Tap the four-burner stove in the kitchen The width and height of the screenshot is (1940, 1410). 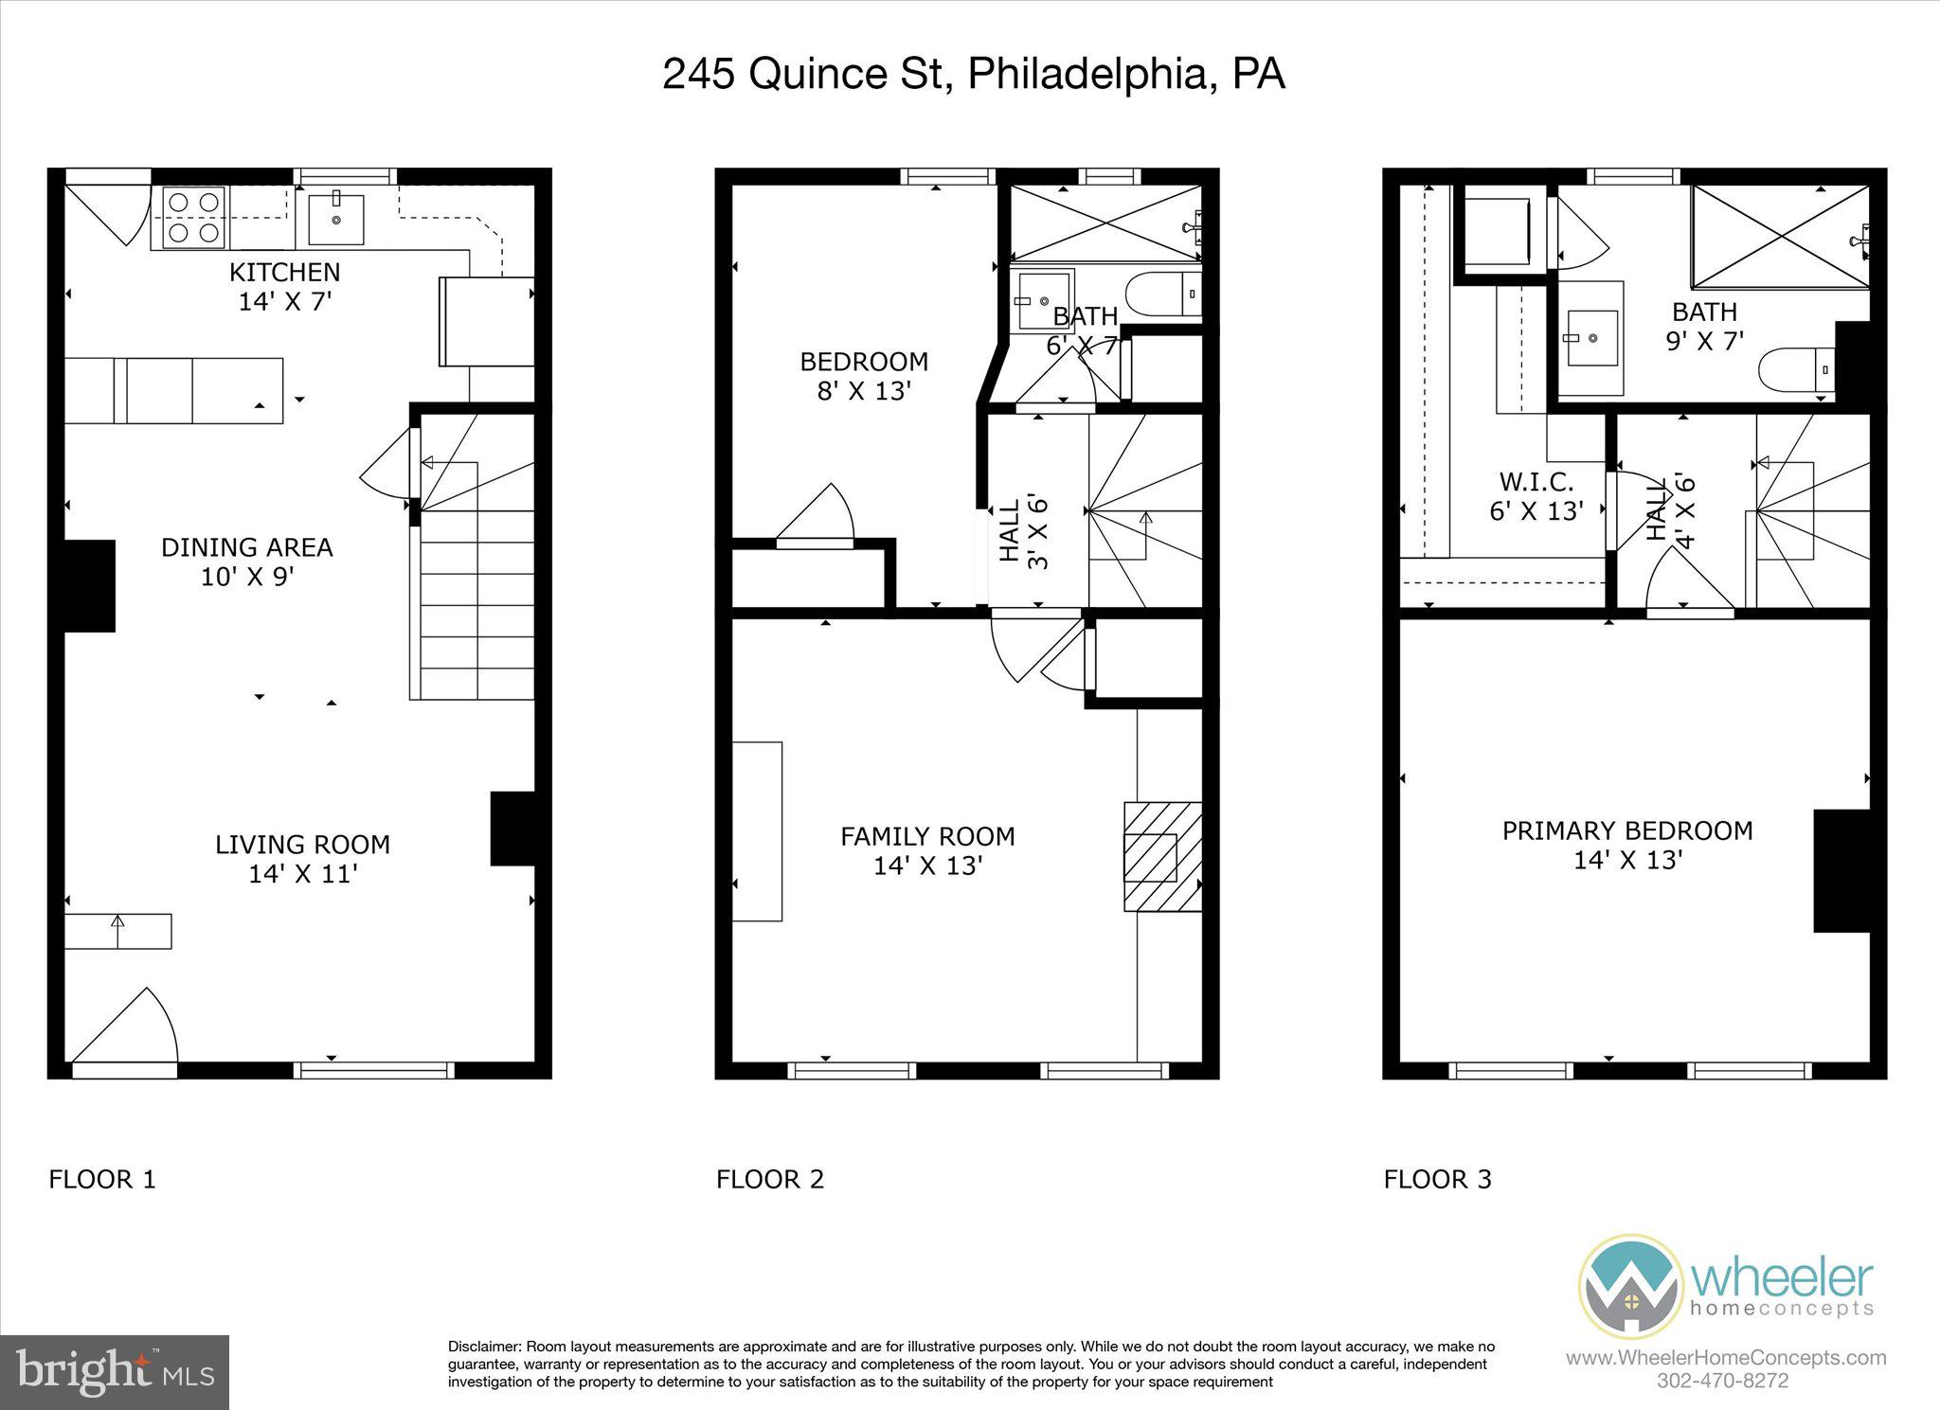pyautogui.click(x=194, y=217)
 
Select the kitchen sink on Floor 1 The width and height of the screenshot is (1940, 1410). pyautogui.click(x=335, y=219)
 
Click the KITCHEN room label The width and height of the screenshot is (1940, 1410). pyautogui.click(x=284, y=273)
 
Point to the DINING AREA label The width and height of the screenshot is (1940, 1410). pyautogui.click(x=246, y=547)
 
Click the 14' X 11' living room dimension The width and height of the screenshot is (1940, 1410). pyautogui.click(x=301, y=874)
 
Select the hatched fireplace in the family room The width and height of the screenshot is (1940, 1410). pyautogui.click(x=1161, y=857)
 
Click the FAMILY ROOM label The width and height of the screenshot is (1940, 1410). pyautogui.click(x=927, y=836)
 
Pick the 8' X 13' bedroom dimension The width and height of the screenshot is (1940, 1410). pyautogui.click(x=864, y=391)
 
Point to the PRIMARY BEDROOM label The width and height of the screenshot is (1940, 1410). pyautogui.click(x=1626, y=830)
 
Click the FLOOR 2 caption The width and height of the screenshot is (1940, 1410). pyautogui.click(x=769, y=1179)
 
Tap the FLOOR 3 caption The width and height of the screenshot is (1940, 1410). pyautogui.click(x=1437, y=1179)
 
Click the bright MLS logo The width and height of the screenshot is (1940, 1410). pyautogui.click(x=115, y=1372)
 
